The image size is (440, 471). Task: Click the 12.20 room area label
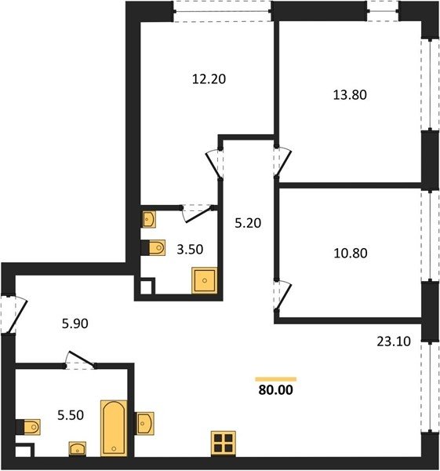point(209,79)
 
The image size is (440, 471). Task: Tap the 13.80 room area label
point(350,95)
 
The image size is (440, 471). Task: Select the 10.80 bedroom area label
point(351,254)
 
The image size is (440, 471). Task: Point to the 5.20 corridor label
point(248,223)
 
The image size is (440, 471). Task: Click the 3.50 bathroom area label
point(190,250)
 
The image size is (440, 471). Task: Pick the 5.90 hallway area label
point(75,323)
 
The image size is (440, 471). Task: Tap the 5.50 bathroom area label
point(71,415)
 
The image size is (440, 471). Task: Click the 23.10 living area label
point(394,341)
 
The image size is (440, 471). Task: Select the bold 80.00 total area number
point(276,390)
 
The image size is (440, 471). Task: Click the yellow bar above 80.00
point(276,379)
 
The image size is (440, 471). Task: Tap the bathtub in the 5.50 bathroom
point(114,428)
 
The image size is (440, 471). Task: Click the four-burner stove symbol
point(224,444)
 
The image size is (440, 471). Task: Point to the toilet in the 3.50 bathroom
point(154,248)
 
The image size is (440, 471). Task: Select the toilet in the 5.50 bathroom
point(28,427)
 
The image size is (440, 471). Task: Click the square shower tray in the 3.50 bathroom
point(205,280)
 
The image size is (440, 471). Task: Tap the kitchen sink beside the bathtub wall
point(144,424)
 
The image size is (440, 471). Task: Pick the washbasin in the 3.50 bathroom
point(148,219)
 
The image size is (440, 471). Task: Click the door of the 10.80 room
point(283,296)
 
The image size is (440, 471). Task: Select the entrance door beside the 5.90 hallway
point(16,315)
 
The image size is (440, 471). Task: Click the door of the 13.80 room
point(282,162)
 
